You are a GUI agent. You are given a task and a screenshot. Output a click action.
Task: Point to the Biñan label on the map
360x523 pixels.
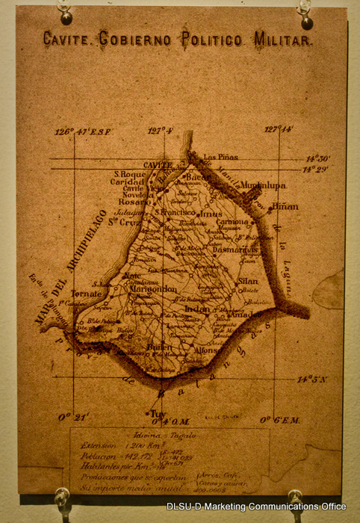pos(285,206)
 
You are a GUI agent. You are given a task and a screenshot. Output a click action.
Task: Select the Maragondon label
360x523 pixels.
pos(150,289)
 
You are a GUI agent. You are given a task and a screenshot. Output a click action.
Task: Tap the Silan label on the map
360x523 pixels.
pos(247,281)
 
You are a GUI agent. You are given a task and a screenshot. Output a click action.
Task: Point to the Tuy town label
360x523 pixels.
pos(158,413)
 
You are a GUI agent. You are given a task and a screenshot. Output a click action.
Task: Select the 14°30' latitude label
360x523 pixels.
pos(320,158)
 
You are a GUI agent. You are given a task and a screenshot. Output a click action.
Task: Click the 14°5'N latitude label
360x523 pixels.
pos(313,380)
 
